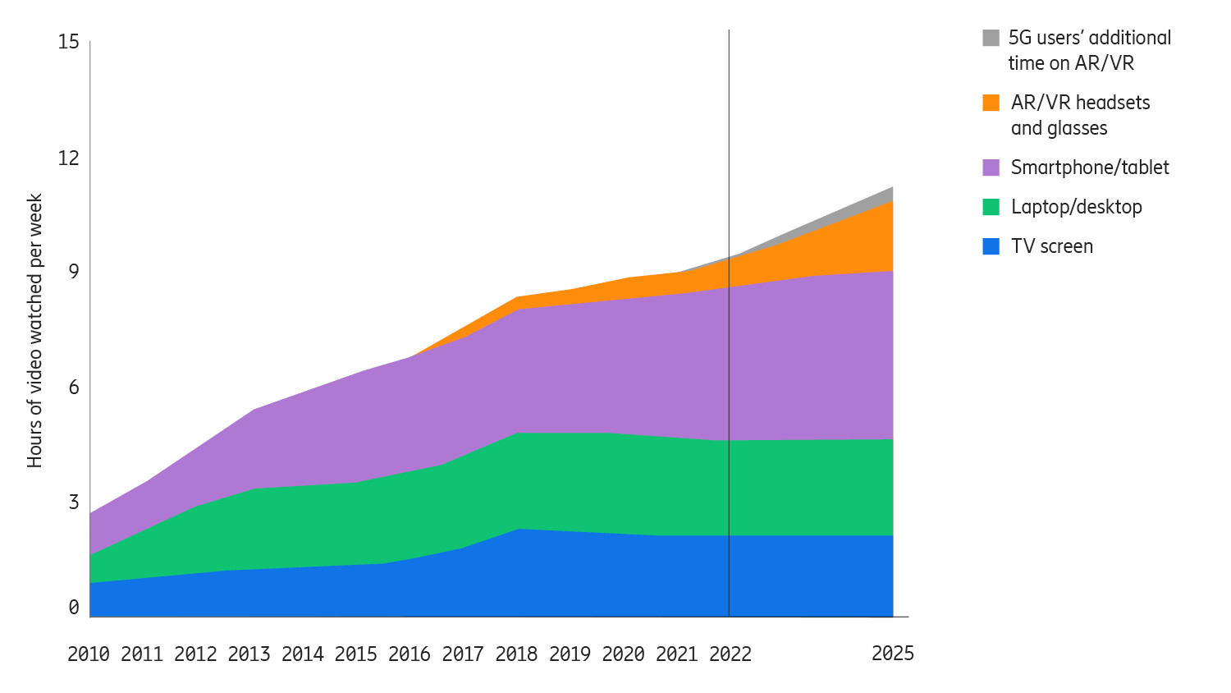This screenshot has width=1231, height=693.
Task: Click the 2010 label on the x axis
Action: pos(88,654)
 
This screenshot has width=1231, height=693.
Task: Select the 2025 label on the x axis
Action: pos(892,653)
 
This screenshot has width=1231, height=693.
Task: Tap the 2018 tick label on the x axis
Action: pos(516,654)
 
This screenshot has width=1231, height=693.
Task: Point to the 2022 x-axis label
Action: pos(730,654)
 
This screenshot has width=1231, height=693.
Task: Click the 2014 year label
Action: pos(302,654)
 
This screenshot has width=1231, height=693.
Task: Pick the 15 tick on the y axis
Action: pos(68,42)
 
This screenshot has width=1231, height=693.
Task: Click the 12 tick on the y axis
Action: pos(68,158)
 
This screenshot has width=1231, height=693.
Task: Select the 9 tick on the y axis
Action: pos(74,272)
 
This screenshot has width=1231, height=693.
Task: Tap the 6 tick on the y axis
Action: pos(74,387)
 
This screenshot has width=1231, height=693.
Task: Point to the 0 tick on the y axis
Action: pos(74,607)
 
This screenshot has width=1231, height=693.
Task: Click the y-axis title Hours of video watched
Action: pos(34,331)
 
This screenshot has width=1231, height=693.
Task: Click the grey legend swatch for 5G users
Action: pos(991,38)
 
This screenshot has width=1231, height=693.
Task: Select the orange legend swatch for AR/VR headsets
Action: pos(991,103)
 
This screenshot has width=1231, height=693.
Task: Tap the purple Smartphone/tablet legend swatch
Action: pos(991,168)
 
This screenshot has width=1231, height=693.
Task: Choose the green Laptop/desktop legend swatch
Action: pos(991,207)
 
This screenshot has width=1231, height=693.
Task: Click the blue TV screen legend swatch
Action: pos(991,246)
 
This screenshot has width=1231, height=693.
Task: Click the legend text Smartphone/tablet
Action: pos(1089,168)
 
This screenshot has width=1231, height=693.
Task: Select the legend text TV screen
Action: pos(1051,246)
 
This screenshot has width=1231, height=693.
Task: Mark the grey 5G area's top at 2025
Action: pos(892,188)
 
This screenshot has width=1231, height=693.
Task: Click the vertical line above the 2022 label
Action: pos(729,164)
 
